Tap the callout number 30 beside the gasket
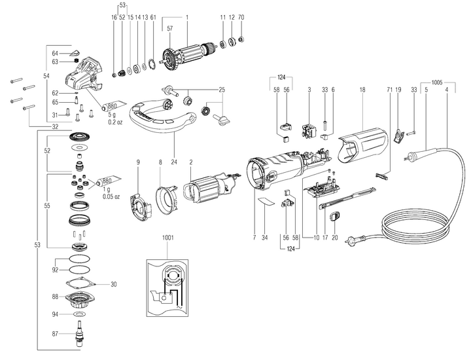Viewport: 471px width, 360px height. pos(113,284)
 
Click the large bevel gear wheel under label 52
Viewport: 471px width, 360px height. pos(80,139)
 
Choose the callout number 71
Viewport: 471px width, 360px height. pos(389,88)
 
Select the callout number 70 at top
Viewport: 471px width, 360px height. pos(241,16)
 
